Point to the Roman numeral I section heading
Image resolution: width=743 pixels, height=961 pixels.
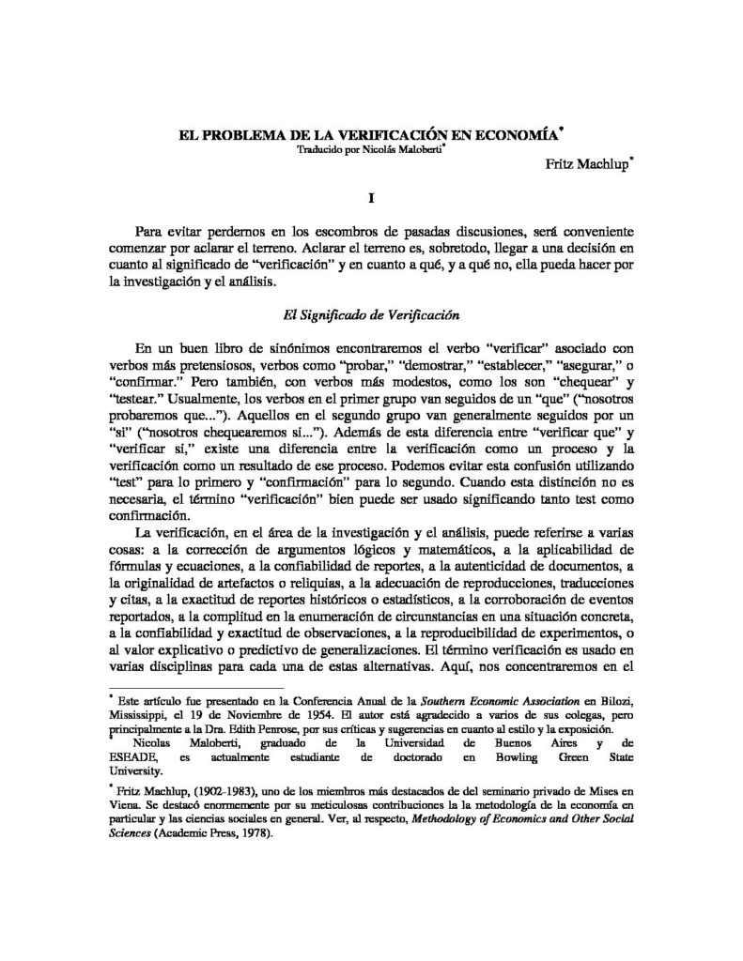click(x=372, y=198)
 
